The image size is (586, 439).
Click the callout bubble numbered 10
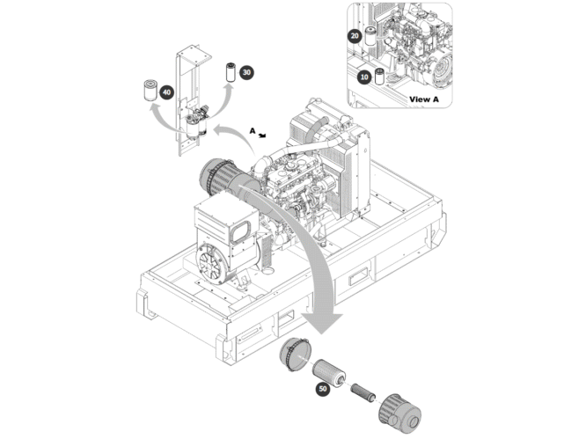[x=365, y=77]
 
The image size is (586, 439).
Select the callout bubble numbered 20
[x=355, y=36]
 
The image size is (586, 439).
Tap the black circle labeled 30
[x=247, y=71]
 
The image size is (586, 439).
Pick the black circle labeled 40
[x=167, y=91]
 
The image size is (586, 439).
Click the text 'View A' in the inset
[x=423, y=99]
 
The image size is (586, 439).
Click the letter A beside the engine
[x=252, y=130]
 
